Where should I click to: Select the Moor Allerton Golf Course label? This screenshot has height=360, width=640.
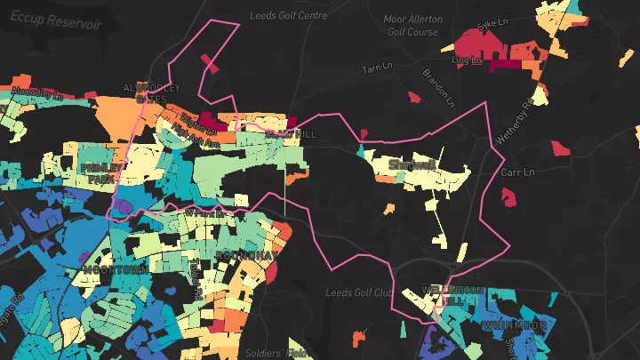point(412,25)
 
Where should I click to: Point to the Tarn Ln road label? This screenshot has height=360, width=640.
point(377,69)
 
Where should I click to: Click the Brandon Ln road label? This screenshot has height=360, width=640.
point(436,84)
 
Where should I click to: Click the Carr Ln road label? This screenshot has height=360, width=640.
point(517,172)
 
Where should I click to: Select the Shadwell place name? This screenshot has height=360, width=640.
point(412,164)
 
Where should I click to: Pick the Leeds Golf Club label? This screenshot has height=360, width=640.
point(359,292)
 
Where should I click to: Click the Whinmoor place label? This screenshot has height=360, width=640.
point(514,326)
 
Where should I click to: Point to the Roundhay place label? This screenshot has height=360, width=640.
point(247,255)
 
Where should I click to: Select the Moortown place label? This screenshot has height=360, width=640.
point(115,268)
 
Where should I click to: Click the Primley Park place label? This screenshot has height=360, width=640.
point(104,172)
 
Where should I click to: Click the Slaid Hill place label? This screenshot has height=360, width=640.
point(290,133)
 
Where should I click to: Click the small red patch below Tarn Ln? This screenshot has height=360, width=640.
point(412,97)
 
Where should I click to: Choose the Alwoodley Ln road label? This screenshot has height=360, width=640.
point(36,92)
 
